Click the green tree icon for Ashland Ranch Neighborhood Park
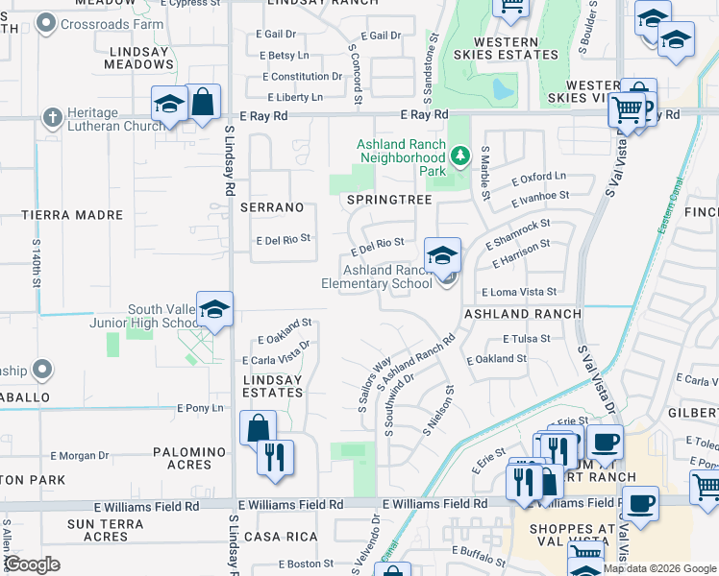point(460,154)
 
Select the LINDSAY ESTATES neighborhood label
point(272,386)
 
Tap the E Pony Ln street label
point(200,408)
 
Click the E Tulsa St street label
point(526,339)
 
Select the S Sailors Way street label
point(374,384)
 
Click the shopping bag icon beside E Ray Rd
point(203,102)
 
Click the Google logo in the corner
point(32,564)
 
